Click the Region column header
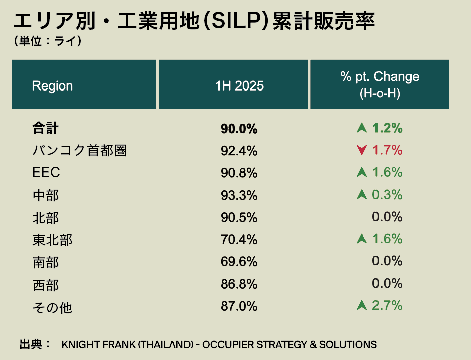click(52, 85)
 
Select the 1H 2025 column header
click(239, 85)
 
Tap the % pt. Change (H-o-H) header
click(380, 84)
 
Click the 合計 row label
click(45, 128)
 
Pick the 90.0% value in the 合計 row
click(239, 129)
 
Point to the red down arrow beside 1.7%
click(361, 150)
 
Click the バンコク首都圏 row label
click(79, 150)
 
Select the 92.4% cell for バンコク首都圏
click(239, 151)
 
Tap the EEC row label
click(46, 172)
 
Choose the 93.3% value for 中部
click(239, 195)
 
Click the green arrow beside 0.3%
click(361, 195)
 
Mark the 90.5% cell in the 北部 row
click(239, 217)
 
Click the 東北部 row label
click(52, 239)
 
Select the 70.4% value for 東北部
click(239, 239)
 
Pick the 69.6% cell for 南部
click(239, 261)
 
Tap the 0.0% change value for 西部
click(387, 283)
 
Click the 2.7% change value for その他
click(387, 305)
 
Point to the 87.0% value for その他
click(239, 306)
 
